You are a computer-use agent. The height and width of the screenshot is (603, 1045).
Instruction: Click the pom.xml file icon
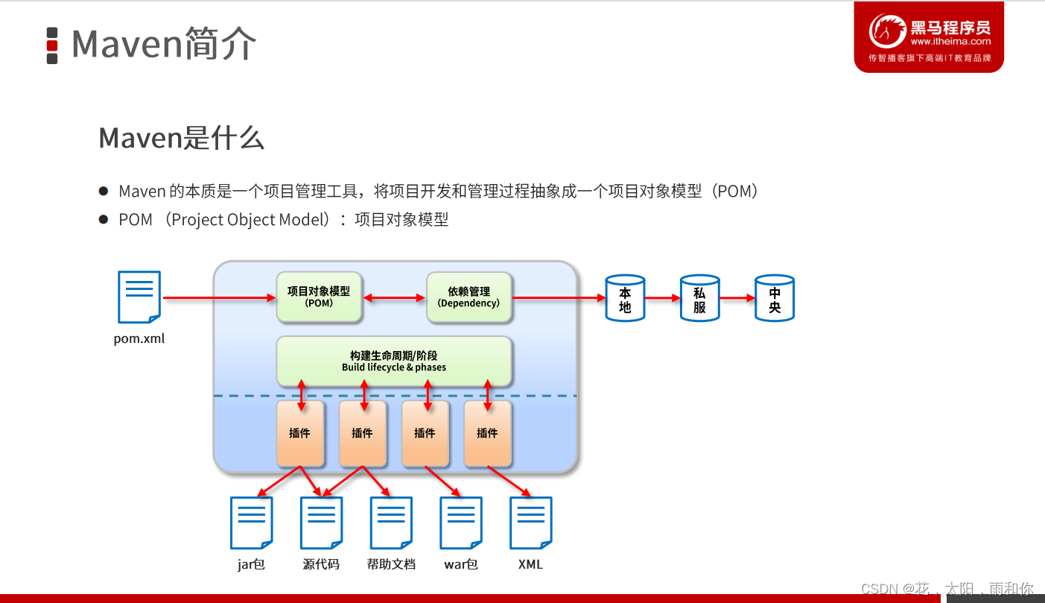[x=139, y=297]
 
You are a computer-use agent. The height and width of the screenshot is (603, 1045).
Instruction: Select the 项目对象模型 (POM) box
[x=319, y=297]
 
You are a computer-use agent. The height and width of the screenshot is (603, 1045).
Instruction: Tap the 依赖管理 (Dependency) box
[x=469, y=297]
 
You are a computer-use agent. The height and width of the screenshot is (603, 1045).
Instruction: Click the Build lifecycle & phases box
[x=394, y=362]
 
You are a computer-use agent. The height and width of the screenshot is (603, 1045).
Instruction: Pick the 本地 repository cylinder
[x=625, y=298]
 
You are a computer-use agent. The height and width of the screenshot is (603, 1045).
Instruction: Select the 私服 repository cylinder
[x=699, y=298]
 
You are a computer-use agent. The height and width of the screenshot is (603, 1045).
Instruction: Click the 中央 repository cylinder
[x=775, y=298]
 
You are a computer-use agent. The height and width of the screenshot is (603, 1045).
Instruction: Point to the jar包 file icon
[x=251, y=523]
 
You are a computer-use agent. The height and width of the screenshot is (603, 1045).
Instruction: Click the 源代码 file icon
[x=321, y=523]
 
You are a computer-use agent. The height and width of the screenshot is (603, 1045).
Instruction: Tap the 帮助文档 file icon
[x=391, y=523]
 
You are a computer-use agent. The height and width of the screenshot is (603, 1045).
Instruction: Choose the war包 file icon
[x=461, y=523]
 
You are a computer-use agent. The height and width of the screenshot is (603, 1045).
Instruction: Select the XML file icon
[x=530, y=523]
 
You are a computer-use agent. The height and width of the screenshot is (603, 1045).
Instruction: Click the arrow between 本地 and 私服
[x=662, y=298]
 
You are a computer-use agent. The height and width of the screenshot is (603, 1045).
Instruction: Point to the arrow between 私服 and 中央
[x=737, y=298]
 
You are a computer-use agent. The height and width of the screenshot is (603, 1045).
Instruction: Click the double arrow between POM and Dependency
[x=394, y=298]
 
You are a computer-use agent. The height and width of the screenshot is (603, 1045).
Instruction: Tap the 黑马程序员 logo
[x=929, y=37]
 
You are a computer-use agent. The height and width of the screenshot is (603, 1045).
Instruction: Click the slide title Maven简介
[x=164, y=45]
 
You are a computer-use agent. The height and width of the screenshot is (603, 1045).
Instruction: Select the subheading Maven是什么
[x=182, y=139]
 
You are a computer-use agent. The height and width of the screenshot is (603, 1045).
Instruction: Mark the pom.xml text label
[x=139, y=339]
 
